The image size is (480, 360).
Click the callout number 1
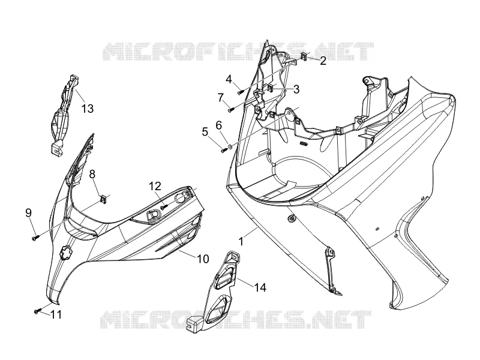click(x=241, y=242)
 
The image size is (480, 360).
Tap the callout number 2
click(x=323, y=61)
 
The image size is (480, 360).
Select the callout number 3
click(x=296, y=89)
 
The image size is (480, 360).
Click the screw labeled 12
click(x=164, y=207)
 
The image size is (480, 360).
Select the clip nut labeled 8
click(x=104, y=200)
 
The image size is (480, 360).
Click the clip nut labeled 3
click(x=271, y=88)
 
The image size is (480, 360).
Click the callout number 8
click(x=92, y=174)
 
